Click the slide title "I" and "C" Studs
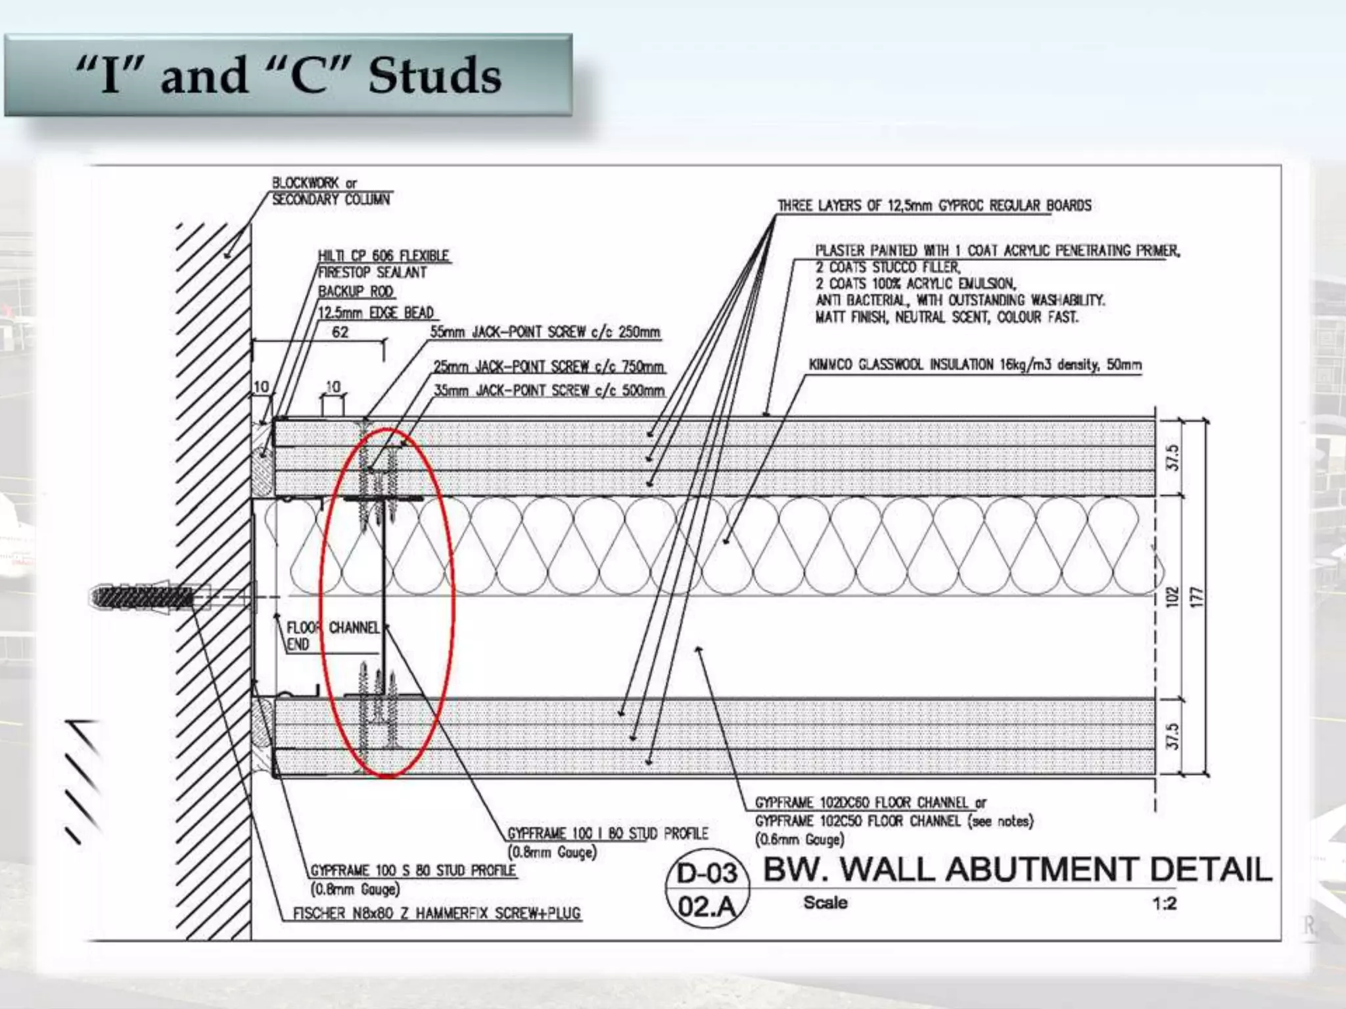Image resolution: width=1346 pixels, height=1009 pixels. (x=289, y=76)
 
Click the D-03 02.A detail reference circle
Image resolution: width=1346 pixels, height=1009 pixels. (x=707, y=891)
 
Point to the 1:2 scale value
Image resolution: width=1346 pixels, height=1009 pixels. (x=1164, y=904)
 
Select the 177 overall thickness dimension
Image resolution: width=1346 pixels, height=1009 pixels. (x=1197, y=597)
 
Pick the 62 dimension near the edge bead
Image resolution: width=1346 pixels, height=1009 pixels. (x=340, y=332)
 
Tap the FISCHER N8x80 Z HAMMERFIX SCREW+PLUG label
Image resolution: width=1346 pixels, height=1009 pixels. (x=437, y=913)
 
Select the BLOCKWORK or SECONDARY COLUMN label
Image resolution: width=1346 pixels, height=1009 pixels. (x=331, y=191)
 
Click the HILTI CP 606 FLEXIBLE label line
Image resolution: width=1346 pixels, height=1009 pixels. (x=384, y=256)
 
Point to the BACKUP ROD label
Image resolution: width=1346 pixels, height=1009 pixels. (x=356, y=291)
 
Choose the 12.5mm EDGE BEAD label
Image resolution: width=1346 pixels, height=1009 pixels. (x=376, y=313)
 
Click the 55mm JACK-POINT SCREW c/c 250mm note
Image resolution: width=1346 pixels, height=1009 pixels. (x=545, y=332)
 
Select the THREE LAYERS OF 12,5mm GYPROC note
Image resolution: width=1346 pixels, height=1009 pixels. (x=935, y=206)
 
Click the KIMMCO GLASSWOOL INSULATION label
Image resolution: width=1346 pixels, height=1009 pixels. (x=975, y=365)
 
